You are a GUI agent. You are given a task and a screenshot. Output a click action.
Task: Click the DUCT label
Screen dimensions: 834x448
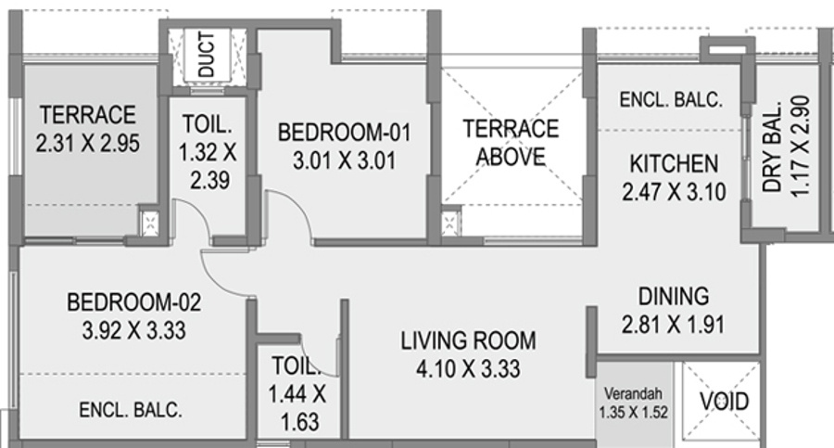click(207, 54)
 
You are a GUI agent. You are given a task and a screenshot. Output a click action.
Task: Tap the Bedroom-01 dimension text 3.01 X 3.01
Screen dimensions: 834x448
click(345, 160)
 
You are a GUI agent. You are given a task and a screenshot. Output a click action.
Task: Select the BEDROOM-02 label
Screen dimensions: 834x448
click(134, 302)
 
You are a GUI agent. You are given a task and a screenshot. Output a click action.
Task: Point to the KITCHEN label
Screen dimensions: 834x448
click(674, 163)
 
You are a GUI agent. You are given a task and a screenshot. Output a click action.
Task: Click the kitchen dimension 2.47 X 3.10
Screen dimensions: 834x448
click(674, 192)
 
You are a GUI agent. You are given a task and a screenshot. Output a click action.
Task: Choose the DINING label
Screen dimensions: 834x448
click(674, 296)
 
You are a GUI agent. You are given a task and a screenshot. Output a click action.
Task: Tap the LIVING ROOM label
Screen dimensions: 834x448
click(469, 341)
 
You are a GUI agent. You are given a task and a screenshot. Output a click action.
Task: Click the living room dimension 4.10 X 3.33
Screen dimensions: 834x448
click(469, 368)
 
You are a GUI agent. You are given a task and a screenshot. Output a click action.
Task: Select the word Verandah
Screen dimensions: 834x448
click(633, 393)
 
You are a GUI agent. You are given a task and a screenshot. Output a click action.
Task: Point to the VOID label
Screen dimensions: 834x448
click(725, 401)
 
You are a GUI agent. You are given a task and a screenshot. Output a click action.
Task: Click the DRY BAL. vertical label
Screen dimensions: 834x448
click(772, 146)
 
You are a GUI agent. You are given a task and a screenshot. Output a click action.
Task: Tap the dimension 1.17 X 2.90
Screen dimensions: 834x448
click(800, 146)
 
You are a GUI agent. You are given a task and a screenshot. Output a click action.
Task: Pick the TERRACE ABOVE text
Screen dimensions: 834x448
click(511, 143)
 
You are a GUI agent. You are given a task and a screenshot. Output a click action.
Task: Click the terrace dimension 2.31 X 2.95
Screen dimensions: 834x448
click(88, 143)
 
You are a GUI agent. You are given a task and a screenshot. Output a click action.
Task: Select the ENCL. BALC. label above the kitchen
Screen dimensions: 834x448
click(671, 99)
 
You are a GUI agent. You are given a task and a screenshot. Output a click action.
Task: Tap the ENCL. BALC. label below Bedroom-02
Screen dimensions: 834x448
click(131, 410)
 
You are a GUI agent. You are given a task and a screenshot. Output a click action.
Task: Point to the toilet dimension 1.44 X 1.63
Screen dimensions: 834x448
click(297, 408)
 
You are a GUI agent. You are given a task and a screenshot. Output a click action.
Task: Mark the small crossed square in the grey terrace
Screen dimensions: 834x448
click(149, 222)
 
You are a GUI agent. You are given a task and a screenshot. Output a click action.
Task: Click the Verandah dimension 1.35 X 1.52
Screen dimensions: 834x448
click(633, 413)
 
